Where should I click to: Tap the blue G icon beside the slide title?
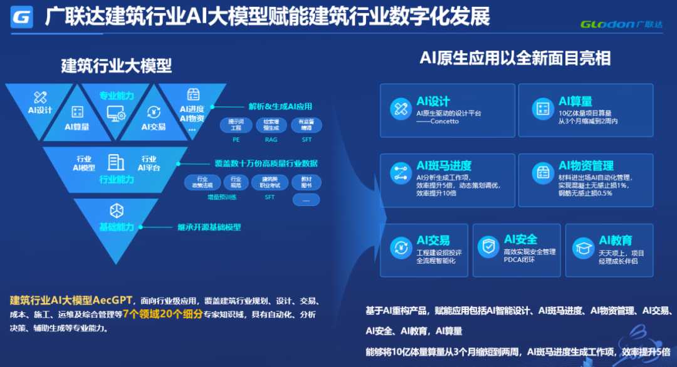point(22,17)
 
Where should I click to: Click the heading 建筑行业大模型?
point(116,65)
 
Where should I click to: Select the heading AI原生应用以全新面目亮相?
point(515,58)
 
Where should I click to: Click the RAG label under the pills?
point(271,140)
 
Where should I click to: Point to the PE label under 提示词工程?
point(236,140)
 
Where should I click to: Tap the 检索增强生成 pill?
point(271,125)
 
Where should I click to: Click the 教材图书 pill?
point(306,182)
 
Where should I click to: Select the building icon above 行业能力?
point(116,162)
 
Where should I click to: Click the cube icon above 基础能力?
point(116,210)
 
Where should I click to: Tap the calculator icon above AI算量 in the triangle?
point(77,112)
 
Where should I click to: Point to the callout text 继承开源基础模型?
point(209,227)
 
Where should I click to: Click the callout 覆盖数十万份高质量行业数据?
point(266,163)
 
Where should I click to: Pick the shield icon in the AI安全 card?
point(487,247)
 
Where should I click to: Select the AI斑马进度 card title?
point(444,166)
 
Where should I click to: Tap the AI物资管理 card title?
point(586,166)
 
